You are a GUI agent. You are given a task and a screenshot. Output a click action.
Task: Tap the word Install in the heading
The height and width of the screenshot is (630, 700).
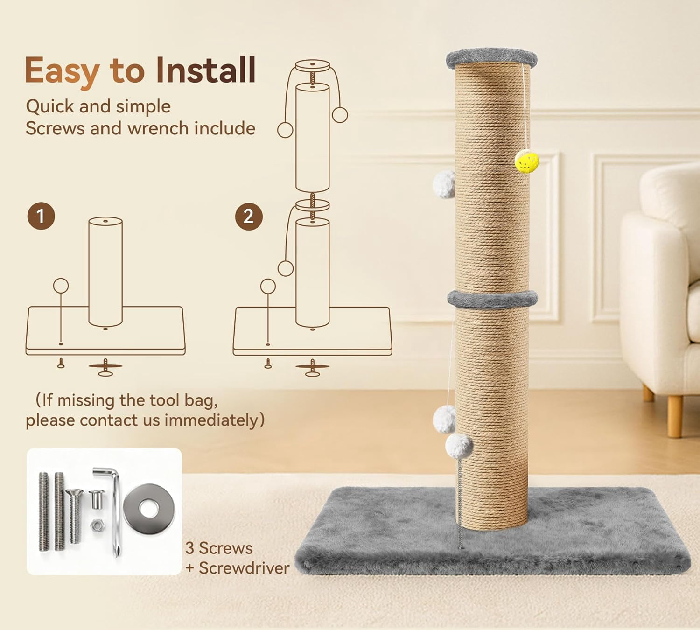point(206,70)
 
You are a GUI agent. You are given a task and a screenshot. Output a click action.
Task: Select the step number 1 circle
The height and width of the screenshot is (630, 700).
point(41,216)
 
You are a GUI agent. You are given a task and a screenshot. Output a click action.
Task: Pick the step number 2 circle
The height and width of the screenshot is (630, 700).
point(249,217)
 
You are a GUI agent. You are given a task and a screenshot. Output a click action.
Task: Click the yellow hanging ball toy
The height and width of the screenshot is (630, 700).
point(526,161)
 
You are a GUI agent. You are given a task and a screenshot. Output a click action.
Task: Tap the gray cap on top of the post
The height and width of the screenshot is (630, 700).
point(491,59)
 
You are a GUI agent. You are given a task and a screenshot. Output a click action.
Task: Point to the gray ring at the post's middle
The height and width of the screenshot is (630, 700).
point(492,299)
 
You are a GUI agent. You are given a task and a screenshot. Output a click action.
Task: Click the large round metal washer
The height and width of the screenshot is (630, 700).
point(149,509)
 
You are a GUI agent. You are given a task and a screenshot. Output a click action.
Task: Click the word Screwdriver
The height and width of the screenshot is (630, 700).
point(244,568)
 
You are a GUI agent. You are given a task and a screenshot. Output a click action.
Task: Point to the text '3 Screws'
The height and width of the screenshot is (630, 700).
point(219,548)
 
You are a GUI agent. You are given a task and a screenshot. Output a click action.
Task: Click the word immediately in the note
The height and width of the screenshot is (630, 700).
point(211,420)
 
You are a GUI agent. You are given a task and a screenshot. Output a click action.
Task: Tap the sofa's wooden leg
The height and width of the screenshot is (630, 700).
point(674,415)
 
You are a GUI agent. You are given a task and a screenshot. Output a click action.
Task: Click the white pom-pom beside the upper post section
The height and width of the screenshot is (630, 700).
point(444,184)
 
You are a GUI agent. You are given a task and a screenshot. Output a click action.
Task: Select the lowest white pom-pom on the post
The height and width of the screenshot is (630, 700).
point(459,446)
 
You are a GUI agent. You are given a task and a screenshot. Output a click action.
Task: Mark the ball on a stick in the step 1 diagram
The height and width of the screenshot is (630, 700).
point(61,286)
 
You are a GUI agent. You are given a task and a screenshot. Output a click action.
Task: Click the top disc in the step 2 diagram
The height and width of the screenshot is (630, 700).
point(312,65)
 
